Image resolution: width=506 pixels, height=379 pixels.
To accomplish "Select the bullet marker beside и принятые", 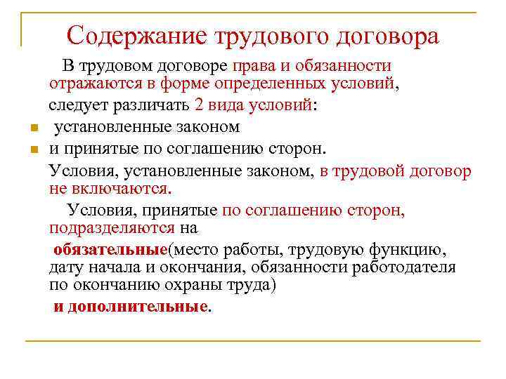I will click(34, 149).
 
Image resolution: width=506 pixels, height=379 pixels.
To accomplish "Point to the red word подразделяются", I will click(112, 229).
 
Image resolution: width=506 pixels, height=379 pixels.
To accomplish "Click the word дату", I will click(68, 267).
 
